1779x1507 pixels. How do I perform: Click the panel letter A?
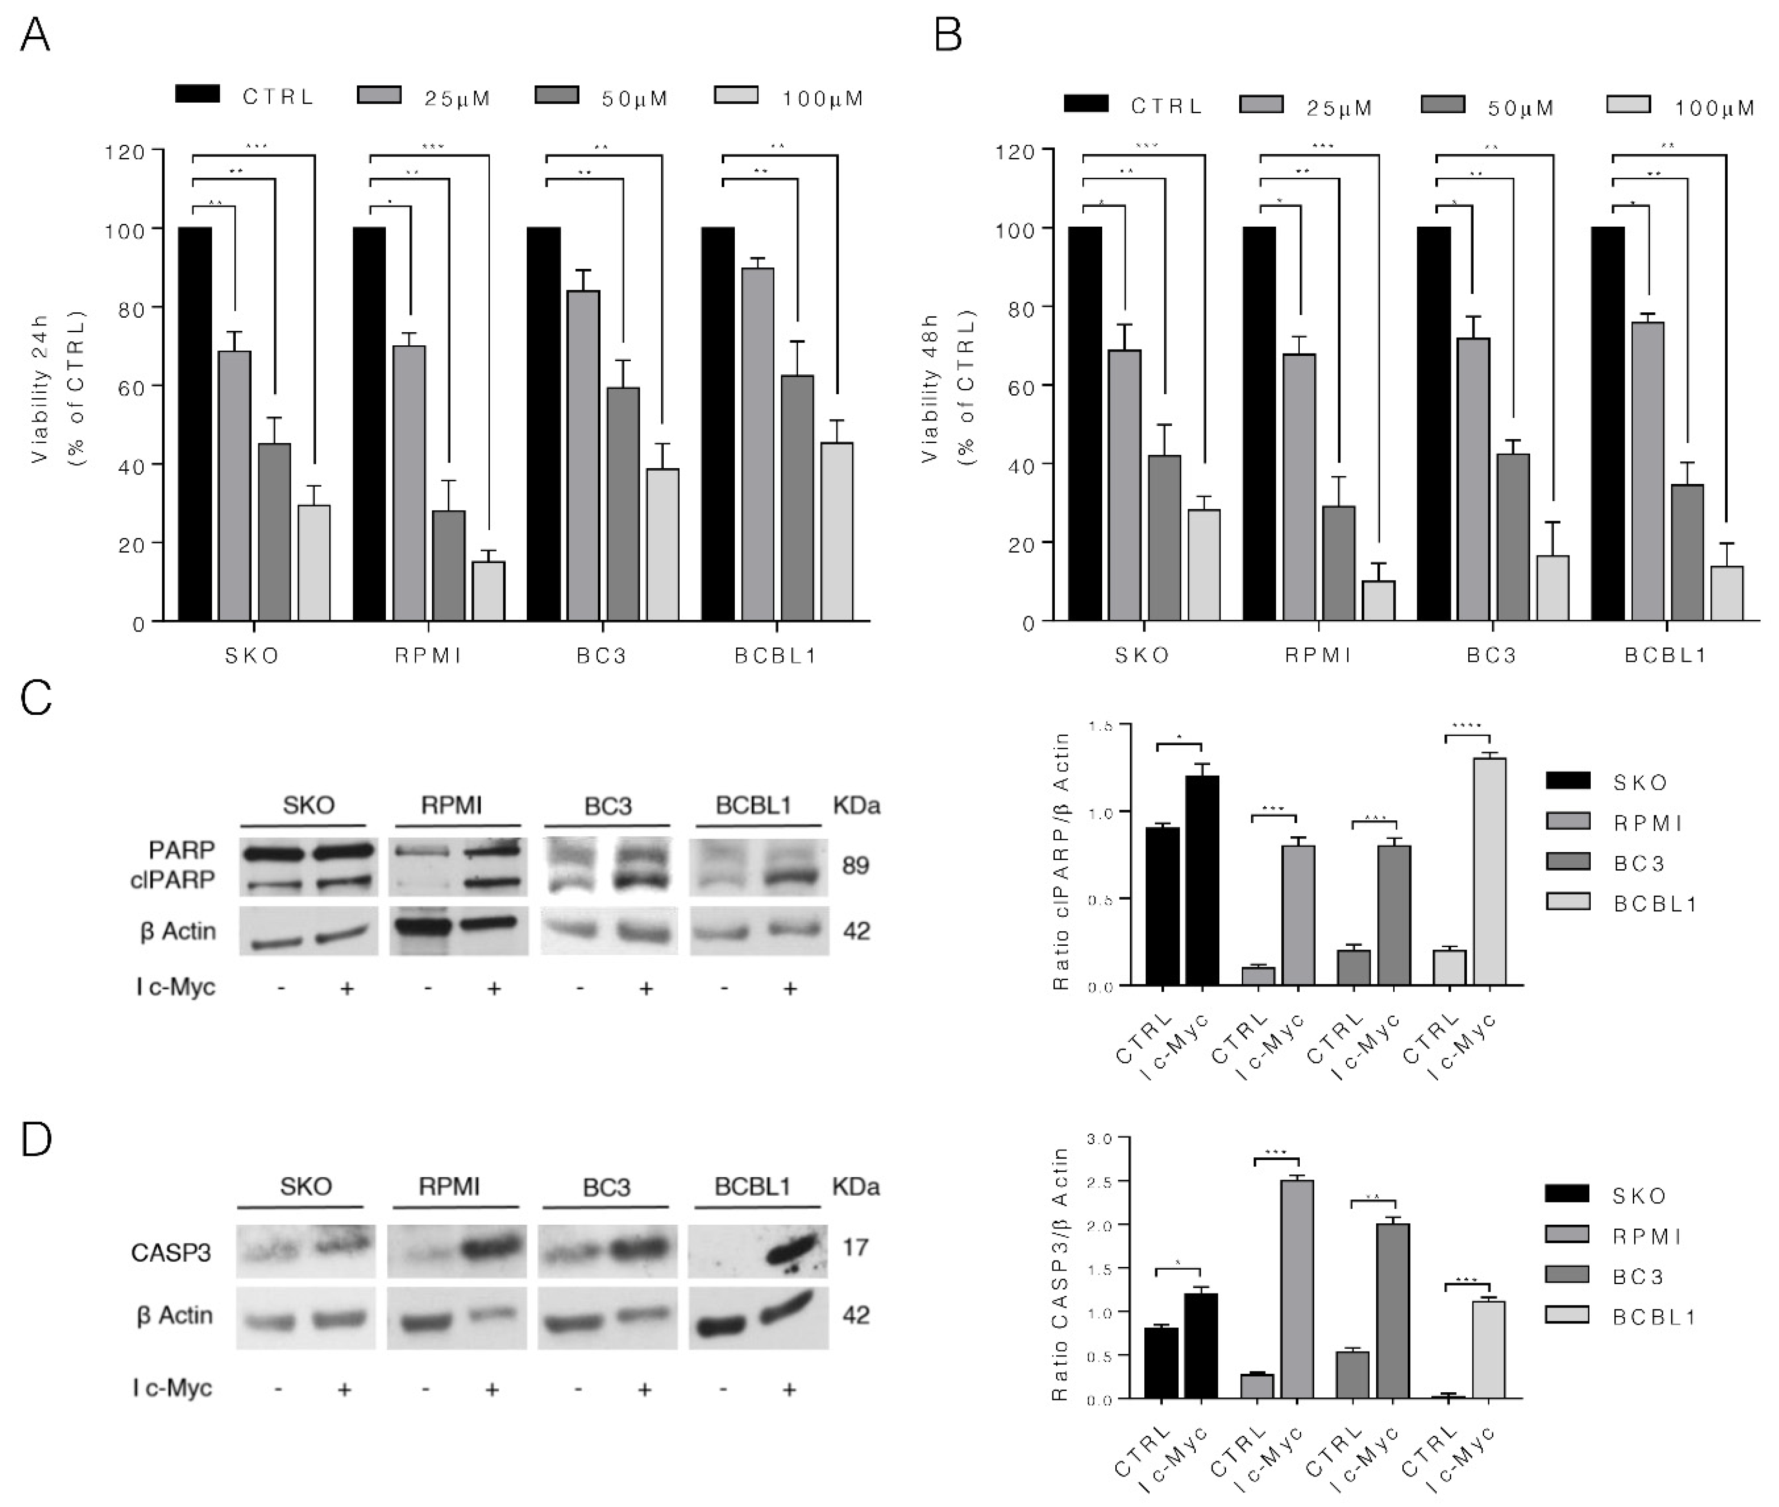[35, 36]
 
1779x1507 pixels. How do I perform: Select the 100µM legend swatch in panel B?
[1628, 105]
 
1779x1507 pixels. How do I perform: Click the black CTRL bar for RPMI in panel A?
[369, 423]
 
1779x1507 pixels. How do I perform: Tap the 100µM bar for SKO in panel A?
[314, 562]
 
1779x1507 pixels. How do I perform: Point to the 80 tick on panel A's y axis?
[125, 308]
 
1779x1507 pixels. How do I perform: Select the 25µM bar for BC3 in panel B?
[1473, 478]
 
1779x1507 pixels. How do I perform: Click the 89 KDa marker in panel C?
[855, 865]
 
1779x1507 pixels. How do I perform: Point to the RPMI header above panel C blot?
[451, 805]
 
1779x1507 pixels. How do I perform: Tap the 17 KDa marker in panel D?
[855, 1248]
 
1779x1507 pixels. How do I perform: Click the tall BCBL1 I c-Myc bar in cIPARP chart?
[1489, 871]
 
